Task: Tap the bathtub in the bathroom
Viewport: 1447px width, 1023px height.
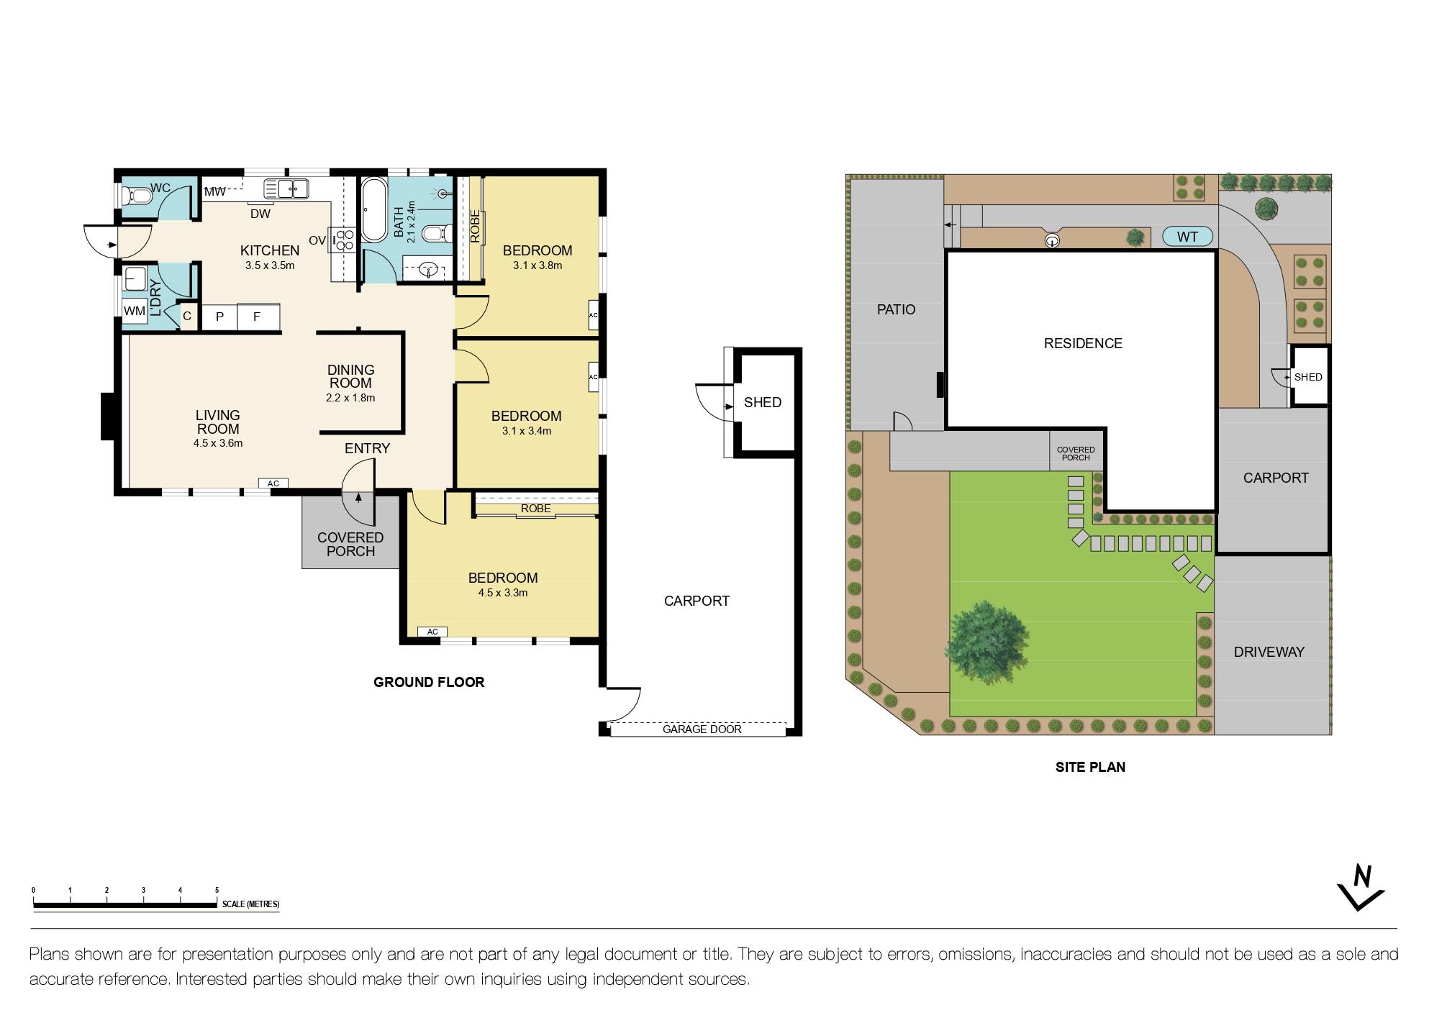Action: tap(373, 209)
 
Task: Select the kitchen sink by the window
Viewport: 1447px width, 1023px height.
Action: tap(286, 189)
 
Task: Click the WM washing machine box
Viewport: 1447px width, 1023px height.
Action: tap(135, 312)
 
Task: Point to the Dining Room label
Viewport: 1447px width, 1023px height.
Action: tap(350, 377)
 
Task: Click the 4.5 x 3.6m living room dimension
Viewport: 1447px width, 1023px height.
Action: tap(218, 444)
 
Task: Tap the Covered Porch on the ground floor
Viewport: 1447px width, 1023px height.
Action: tap(350, 545)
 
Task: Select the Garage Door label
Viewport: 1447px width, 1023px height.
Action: tap(702, 729)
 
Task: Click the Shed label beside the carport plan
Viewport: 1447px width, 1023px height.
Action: tap(763, 403)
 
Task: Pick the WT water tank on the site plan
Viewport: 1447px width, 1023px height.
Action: tap(1187, 237)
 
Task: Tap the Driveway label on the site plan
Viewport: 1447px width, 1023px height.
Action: tap(1269, 653)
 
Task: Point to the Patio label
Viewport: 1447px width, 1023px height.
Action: tap(896, 310)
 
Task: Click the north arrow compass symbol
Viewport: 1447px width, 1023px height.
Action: tap(1361, 888)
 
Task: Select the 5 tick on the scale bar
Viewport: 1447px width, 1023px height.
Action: tap(217, 891)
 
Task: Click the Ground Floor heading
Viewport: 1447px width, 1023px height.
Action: tap(429, 683)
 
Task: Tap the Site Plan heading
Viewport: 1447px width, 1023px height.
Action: tap(1090, 768)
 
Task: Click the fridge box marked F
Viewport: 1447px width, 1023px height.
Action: tap(257, 317)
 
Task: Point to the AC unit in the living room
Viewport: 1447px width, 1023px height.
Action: tap(273, 483)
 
